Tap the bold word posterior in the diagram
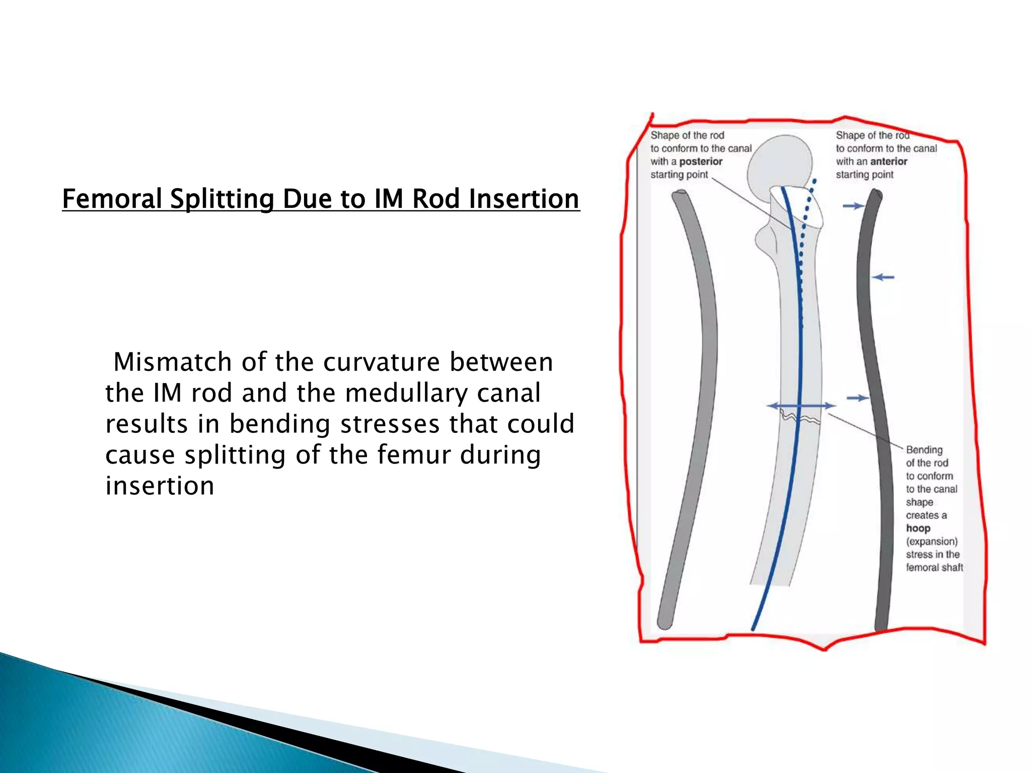click(701, 162)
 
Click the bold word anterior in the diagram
click(889, 162)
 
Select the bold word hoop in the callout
click(918, 528)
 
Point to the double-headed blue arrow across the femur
click(801, 406)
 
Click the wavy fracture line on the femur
click(800, 418)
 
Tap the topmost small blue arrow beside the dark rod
click(853, 206)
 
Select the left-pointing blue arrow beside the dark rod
click(883, 277)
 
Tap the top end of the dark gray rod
click(876, 194)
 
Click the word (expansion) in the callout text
click(932, 542)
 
